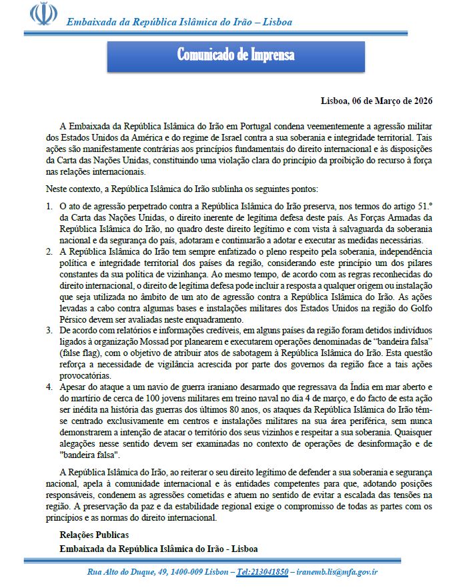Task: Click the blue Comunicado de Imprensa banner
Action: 236,55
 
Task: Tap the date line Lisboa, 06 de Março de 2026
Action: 377,101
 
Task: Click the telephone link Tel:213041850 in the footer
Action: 262,571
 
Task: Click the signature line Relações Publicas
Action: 94,535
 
